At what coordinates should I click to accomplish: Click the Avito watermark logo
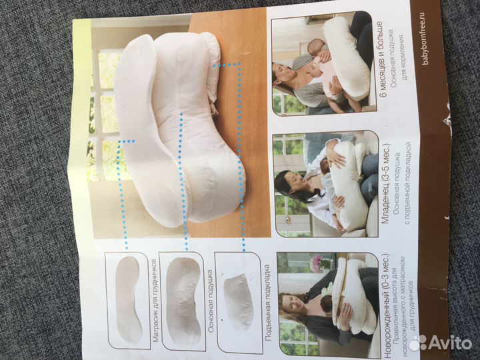440,343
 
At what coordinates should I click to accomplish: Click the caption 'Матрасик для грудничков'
155,301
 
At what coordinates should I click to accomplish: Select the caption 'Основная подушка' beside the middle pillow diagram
210,301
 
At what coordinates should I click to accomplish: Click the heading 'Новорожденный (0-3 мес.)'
387,305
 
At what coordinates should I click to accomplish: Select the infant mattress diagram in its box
129,300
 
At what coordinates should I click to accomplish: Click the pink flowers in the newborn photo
319,263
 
